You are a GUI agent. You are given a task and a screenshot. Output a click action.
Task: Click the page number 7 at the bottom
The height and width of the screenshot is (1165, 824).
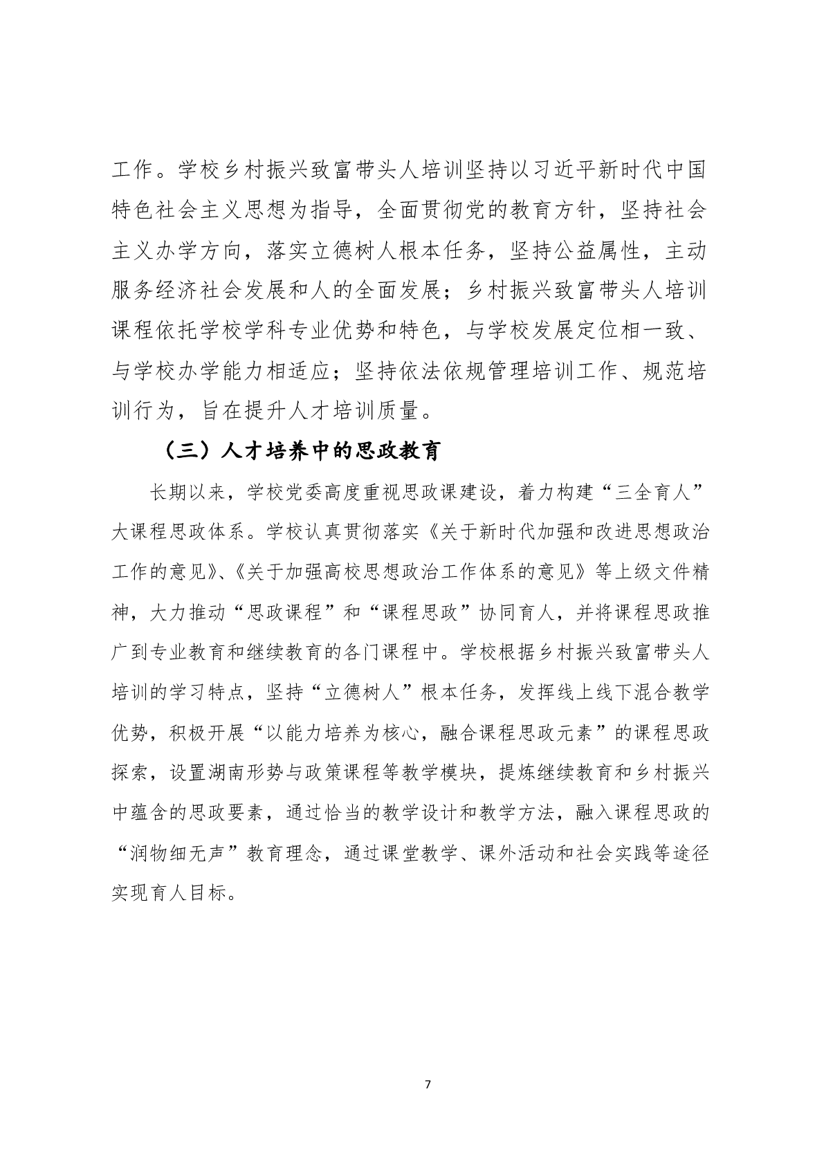[x=428, y=1084]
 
